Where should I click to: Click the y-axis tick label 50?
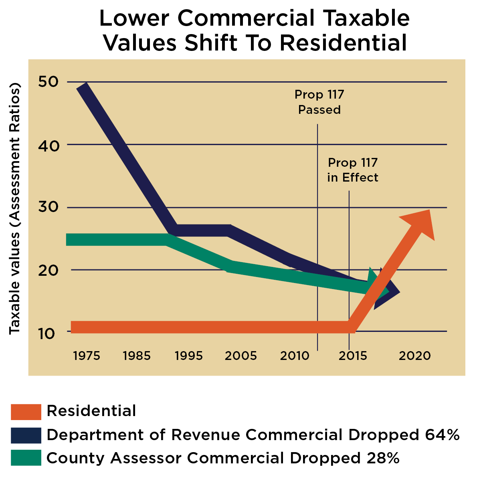coord(49,82)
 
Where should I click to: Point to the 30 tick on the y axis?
coord(49,207)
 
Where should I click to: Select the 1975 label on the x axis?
coord(87,356)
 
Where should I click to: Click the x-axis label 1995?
coord(189,356)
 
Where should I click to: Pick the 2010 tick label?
coord(295,356)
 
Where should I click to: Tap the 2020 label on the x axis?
coord(414,356)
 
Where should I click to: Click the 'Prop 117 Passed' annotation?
coord(319,102)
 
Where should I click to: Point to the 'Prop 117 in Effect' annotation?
coord(353,170)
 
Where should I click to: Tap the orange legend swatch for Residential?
coord(26,412)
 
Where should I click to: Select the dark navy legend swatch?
coord(26,435)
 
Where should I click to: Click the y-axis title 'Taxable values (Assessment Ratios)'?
coord(14,208)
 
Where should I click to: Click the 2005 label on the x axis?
coord(240,356)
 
